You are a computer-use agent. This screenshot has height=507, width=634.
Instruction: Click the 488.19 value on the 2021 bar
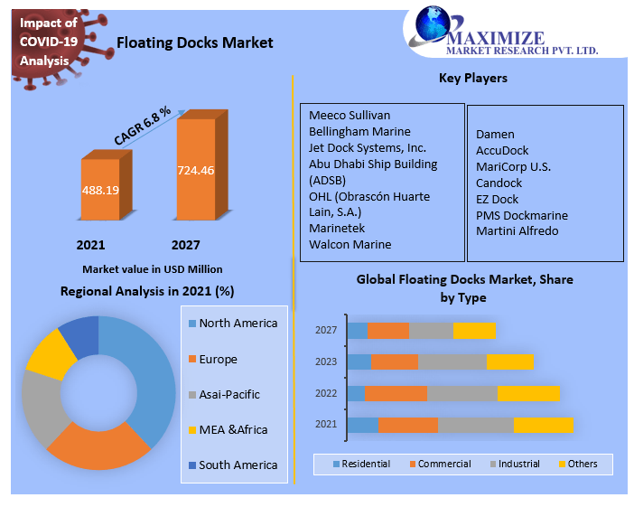coord(100,191)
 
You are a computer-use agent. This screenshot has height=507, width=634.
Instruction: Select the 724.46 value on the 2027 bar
coord(196,170)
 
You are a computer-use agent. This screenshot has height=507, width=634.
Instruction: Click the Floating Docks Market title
coord(194,42)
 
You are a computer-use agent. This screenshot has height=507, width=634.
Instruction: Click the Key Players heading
coord(472,78)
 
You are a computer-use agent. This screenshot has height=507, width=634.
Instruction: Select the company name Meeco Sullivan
coord(350,115)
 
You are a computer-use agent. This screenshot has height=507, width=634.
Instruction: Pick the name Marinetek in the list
coord(337,228)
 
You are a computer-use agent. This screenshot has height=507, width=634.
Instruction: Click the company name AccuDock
coord(502,150)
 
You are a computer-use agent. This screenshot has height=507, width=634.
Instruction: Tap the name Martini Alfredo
coord(517,230)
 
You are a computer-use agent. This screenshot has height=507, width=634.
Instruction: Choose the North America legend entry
coord(238,324)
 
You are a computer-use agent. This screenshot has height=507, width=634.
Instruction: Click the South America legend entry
coord(238,465)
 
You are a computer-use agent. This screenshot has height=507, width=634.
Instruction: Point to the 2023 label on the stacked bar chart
coord(326,361)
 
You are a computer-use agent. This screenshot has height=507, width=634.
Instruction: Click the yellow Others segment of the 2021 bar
coord(544,425)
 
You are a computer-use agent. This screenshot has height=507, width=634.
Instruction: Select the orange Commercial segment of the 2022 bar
coord(396,393)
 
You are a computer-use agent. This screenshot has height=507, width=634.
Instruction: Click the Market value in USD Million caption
coord(152,269)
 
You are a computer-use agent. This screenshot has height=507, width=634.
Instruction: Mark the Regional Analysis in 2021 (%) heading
coord(147,291)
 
